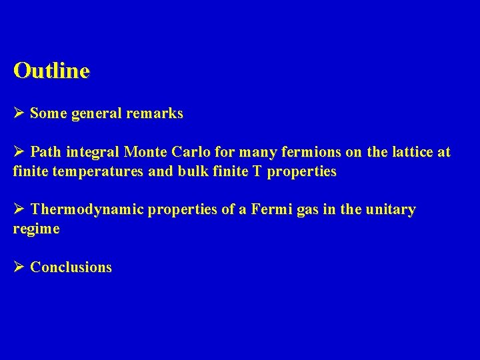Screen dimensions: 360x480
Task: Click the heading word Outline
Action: point(51,71)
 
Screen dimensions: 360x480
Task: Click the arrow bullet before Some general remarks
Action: point(19,113)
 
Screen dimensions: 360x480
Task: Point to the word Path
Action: point(45,153)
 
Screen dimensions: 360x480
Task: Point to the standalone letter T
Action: point(257,171)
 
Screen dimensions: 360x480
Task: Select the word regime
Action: point(36,229)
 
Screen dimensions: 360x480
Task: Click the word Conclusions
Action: point(71,268)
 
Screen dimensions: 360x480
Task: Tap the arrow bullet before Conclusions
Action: point(19,267)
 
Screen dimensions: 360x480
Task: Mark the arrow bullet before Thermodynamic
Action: point(19,209)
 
